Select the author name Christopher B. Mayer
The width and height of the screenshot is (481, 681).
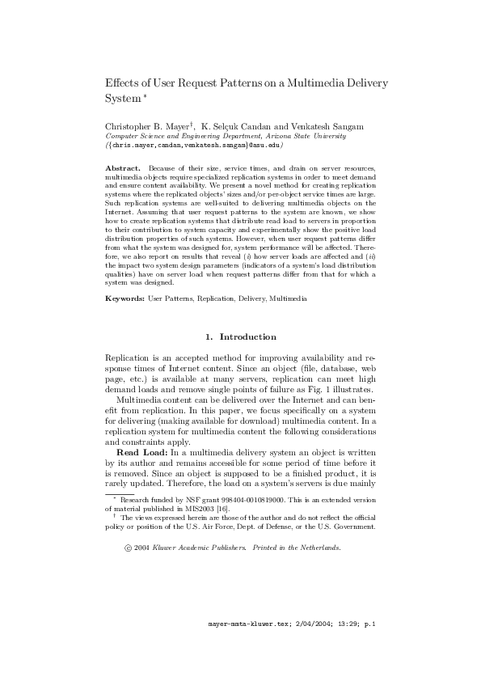(148, 127)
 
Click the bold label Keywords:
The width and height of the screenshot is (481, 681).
(124, 299)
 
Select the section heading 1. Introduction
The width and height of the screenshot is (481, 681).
(240, 336)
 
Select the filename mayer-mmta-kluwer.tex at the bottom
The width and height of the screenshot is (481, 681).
(247, 647)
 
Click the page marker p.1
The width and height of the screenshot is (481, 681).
(369, 647)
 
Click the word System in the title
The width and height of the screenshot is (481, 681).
(122, 98)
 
